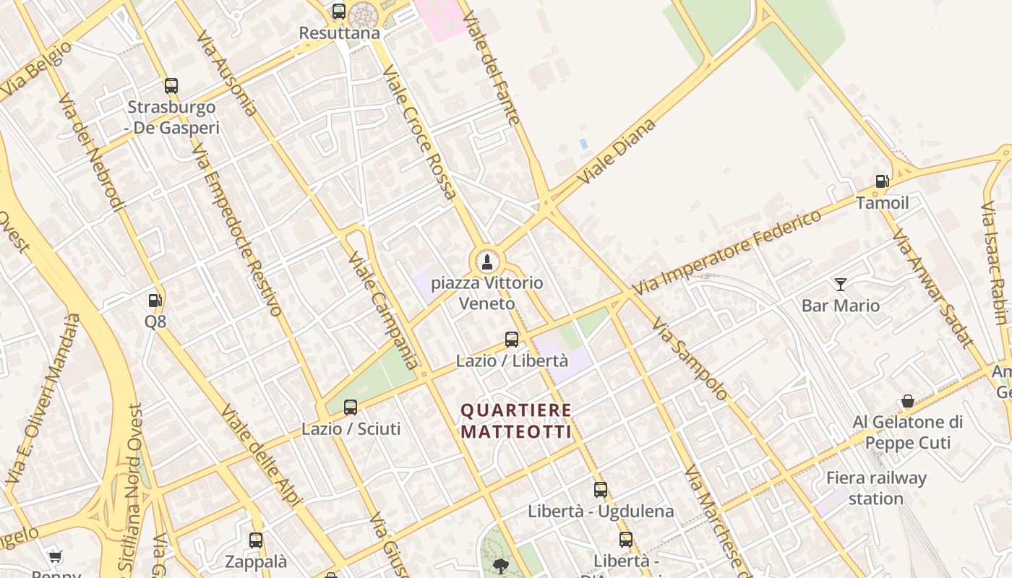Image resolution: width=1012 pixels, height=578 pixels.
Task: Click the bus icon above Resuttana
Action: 338,12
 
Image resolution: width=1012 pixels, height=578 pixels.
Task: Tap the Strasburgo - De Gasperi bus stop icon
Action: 171,86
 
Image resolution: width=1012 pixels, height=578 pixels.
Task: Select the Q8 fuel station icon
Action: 155,301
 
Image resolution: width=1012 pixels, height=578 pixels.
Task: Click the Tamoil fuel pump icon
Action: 882,181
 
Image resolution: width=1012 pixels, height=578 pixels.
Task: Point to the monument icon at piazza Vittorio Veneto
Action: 487,262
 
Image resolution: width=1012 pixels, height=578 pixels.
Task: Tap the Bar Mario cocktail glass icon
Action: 840,284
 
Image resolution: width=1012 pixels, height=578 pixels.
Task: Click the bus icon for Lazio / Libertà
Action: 512,339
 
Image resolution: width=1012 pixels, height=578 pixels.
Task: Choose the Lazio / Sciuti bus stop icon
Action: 351,407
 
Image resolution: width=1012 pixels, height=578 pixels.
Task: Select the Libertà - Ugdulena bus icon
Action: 601,490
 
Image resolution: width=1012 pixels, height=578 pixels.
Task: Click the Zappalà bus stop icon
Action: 256,540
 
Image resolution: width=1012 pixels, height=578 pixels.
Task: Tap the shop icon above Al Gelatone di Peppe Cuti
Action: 908,401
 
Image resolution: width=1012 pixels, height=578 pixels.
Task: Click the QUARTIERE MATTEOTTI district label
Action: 516,421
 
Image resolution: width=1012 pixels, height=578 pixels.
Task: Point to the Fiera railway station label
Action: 876,488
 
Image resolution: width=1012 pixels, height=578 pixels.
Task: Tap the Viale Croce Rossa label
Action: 419,132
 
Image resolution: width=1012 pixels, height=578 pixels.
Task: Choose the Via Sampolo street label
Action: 689,358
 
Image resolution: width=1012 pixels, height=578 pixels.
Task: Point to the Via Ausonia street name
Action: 226,73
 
